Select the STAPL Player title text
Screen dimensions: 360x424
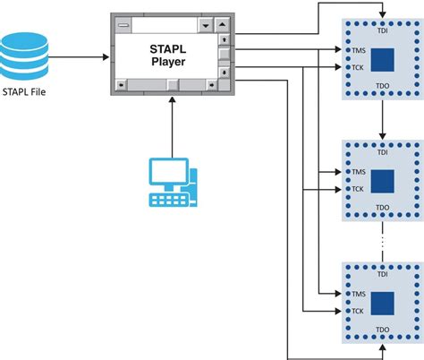[165, 55]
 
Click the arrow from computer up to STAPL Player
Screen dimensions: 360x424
[170, 125]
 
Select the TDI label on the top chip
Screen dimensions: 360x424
[383, 30]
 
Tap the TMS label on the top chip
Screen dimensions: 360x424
[359, 53]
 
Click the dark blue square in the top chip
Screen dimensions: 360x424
[384, 60]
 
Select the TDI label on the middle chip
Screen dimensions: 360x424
[383, 153]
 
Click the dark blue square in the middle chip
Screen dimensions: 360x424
[384, 182]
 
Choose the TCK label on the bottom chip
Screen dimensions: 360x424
[359, 312]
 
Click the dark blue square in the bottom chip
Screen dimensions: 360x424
[384, 304]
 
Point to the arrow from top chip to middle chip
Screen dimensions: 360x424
[383, 120]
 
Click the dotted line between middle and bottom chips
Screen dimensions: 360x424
[383, 242]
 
